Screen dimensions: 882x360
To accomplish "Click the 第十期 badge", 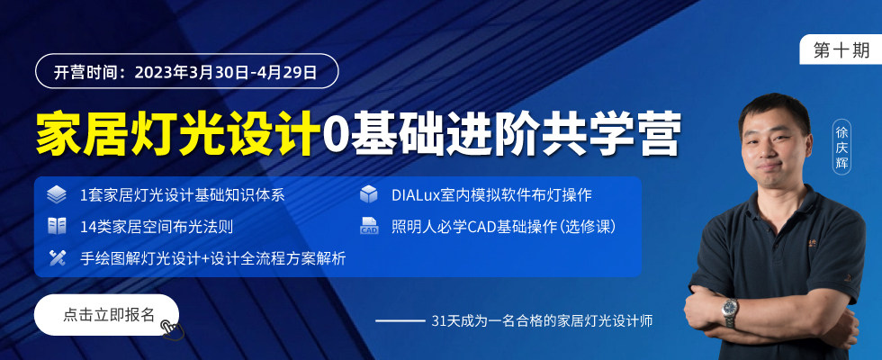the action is (841, 49).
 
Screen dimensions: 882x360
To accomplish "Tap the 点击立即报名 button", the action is (106, 315).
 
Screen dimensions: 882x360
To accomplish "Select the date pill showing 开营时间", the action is (187, 71).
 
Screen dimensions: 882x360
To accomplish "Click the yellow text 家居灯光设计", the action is (174, 133).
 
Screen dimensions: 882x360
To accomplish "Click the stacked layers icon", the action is (57, 194).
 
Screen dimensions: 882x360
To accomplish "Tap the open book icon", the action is (57, 226).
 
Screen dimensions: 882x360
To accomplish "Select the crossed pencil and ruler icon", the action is (57, 257).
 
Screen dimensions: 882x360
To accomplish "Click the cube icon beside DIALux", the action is (369, 194).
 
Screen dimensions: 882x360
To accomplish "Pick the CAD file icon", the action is (369, 226).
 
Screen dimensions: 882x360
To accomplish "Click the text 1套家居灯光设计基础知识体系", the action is (182, 195).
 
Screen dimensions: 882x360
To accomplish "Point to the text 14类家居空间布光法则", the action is (157, 227).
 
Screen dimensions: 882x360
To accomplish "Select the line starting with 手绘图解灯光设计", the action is (213, 258).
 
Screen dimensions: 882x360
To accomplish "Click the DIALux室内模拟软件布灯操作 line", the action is (491, 195).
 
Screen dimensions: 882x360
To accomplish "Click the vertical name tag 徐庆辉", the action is (841, 148).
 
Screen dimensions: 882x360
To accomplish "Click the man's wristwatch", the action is (730, 311).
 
